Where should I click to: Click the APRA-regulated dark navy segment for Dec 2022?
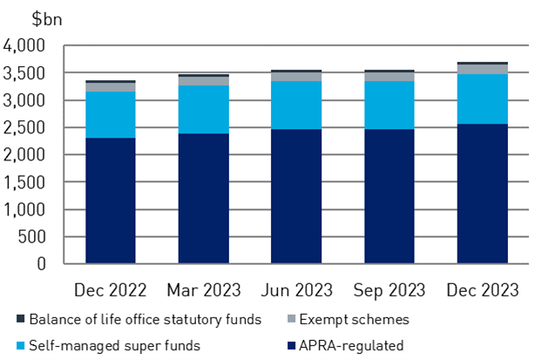[110, 200]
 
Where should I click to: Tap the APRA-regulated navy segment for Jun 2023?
[295, 196]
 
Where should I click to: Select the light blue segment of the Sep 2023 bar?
[389, 105]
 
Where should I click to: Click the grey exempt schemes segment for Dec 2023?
[481, 69]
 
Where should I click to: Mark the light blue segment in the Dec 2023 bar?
[481, 98]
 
